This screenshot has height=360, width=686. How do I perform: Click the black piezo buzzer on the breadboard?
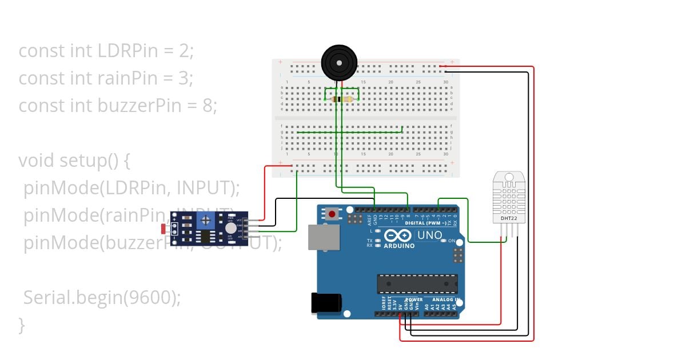(x=339, y=62)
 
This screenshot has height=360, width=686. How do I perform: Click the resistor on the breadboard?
(x=342, y=99)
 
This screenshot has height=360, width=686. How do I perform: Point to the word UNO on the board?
(x=430, y=235)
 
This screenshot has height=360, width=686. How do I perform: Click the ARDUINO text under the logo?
(x=400, y=246)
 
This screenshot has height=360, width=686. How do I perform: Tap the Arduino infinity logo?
(x=398, y=235)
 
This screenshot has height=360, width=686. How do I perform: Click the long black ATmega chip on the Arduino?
(x=417, y=283)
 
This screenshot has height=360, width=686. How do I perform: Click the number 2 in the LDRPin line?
(x=184, y=51)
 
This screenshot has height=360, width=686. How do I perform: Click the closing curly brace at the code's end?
(x=22, y=325)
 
